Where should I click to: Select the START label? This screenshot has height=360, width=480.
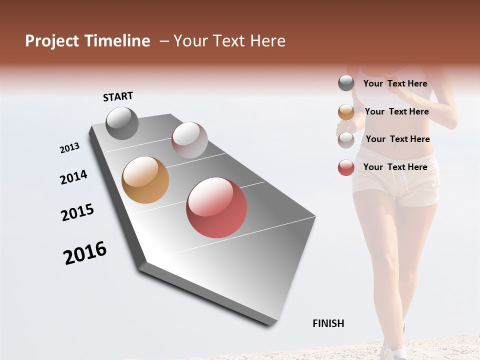coord(118,96)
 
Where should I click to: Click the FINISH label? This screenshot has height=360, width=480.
coord(328,323)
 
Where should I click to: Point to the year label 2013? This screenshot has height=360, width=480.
coord(70,148)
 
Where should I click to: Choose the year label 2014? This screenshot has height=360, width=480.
coord(74,177)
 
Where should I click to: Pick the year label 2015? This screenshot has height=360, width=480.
coord(77,212)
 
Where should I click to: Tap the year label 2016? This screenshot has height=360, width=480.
coord(85,253)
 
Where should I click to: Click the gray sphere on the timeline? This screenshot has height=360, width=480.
coord(122,123)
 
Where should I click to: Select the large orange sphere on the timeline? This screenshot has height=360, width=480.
coord(145,180)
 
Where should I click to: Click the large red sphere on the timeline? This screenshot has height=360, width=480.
coord(216,207)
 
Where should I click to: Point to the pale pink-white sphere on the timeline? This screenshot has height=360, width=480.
coord(189,139)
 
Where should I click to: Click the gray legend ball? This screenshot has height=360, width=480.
coord(346,83)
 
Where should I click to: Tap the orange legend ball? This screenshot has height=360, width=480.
coord(346,112)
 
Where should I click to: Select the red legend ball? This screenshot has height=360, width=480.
coord(346,167)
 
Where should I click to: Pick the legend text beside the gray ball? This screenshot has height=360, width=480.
coord(395,84)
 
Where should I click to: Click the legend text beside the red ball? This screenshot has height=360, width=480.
coord(395,167)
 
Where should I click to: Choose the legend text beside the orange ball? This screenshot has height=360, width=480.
coord(397,111)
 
